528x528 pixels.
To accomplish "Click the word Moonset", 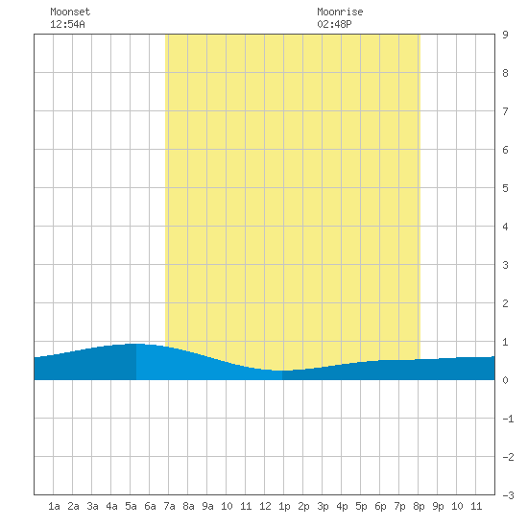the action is point(70,12).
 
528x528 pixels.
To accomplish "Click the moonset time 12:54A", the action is point(67,24).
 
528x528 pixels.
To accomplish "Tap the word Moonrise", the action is point(340,12).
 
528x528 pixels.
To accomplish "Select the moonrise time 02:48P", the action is point(334,24).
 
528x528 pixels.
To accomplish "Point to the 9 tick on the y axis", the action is point(505,35).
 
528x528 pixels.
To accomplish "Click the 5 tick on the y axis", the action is point(505,188).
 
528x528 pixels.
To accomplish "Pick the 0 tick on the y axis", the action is point(505,380).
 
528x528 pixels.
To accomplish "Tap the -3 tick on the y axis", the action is point(508,495).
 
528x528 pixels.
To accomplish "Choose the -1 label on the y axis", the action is point(508,419).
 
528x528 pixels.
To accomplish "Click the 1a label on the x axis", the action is point(54,506).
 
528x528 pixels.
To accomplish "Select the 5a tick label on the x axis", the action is point(131,506).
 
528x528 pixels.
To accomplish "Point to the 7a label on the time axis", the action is point(169,506).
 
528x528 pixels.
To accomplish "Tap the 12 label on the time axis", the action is point(265,506).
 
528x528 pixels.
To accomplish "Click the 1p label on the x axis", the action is point(284,506).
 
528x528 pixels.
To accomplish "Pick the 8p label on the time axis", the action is point(419,506).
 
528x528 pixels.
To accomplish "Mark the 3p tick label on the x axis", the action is point(323,506).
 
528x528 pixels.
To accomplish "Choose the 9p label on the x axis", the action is point(438,506).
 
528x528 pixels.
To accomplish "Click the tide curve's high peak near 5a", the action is point(135,344).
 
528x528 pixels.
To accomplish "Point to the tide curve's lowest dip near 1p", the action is point(282,371).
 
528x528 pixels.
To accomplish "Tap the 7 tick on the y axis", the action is point(505,111).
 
